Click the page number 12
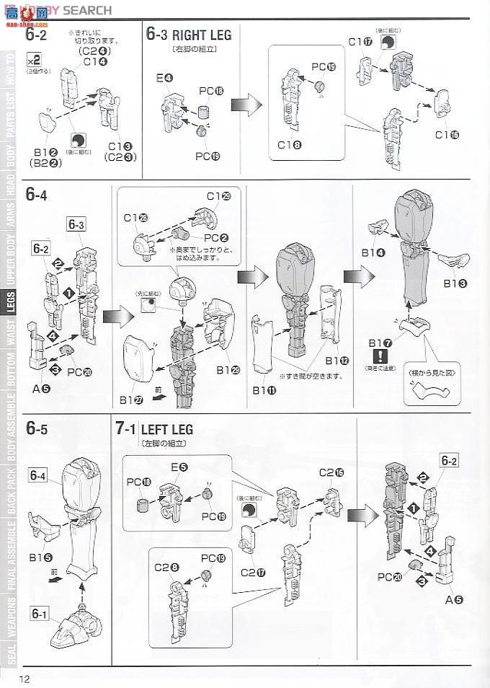25,679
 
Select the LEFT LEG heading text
169,429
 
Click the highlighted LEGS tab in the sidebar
10,305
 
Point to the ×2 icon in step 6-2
33,58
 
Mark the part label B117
379,342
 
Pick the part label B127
133,399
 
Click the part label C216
331,472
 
